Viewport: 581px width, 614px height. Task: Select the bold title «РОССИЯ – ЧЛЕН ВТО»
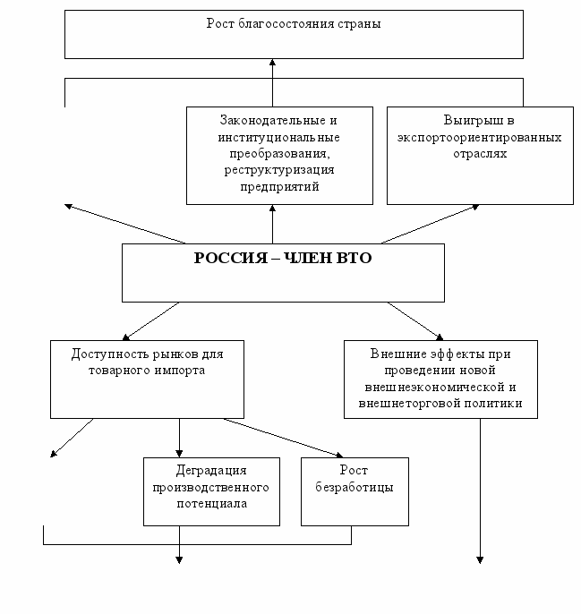(x=283, y=258)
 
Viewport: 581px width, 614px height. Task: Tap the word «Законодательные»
(x=273, y=120)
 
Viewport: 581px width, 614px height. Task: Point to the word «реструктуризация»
(x=279, y=170)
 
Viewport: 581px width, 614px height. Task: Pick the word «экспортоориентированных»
(x=480, y=138)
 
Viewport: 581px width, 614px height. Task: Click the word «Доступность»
(x=110, y=354)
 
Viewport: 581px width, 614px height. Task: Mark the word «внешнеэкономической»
(x=434, y=388)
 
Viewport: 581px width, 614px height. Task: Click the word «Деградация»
(x=211, y=471)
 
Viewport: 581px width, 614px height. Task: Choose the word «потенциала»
(x=212, y=504)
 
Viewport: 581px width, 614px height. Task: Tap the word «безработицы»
(x=355, y=488)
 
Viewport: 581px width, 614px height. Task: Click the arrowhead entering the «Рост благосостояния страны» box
(x=273, y=63)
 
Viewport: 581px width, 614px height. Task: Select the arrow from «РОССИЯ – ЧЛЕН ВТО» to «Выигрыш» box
(x=431, y=224)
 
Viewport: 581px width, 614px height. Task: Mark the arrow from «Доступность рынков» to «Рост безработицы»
(x=284, y=438)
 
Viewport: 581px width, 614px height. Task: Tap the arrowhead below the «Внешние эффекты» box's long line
(x=480, y=560)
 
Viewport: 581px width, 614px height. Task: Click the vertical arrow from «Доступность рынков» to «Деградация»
(x=179, y=438)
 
